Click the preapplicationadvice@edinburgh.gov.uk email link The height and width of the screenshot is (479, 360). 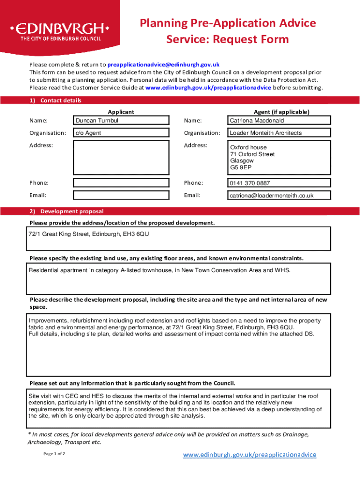pos(163,65)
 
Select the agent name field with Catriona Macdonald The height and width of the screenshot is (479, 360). pos(279,121)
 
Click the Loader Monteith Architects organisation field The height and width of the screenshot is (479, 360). pos(279,133)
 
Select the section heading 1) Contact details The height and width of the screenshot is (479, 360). pos(55,101)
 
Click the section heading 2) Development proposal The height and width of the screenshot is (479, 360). pos(66,211)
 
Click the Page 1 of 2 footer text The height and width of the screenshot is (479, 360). pos(54,454)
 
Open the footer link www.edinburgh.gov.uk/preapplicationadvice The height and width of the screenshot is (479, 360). pos(249,455)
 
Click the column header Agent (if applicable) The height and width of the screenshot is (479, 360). pos(281,112)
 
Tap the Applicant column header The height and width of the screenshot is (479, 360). pos(121,112)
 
